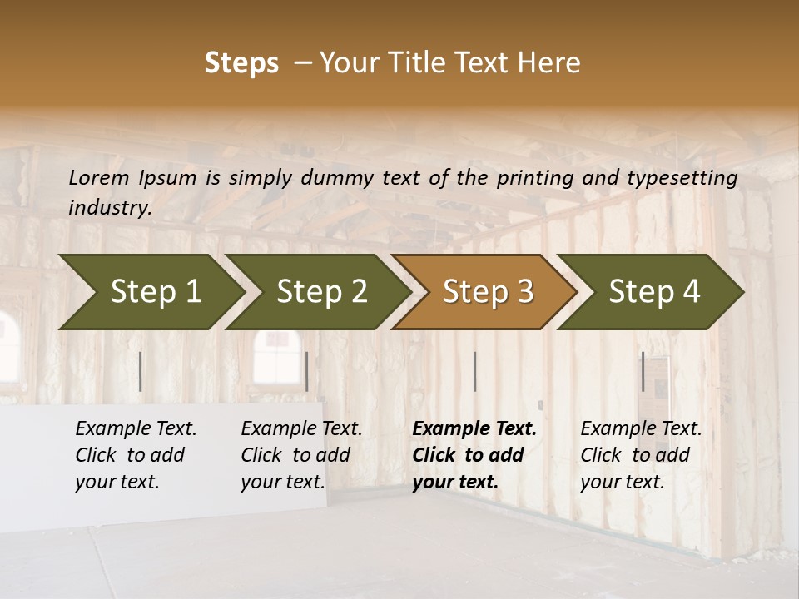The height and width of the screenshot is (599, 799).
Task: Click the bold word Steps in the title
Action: coord(241,63)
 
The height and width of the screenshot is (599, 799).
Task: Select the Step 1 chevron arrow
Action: coord(150,291)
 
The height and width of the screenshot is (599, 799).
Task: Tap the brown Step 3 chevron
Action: coord(483,291)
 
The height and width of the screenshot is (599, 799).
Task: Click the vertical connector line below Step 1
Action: coord(140,371)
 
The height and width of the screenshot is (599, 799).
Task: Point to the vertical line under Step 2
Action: coord(307,371)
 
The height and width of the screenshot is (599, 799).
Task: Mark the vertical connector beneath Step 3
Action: coord(474,371)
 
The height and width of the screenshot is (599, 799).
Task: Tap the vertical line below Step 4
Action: coord(643,371)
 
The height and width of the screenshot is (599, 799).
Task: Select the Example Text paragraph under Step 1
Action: coord(136,455)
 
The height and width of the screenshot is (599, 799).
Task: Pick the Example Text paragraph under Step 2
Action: coord(301,455)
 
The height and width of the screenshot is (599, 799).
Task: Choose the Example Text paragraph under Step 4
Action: coord(641,455)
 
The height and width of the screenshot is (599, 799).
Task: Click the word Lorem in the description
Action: coord(99,177)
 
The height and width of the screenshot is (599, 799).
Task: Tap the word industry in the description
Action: coord(109,207)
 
